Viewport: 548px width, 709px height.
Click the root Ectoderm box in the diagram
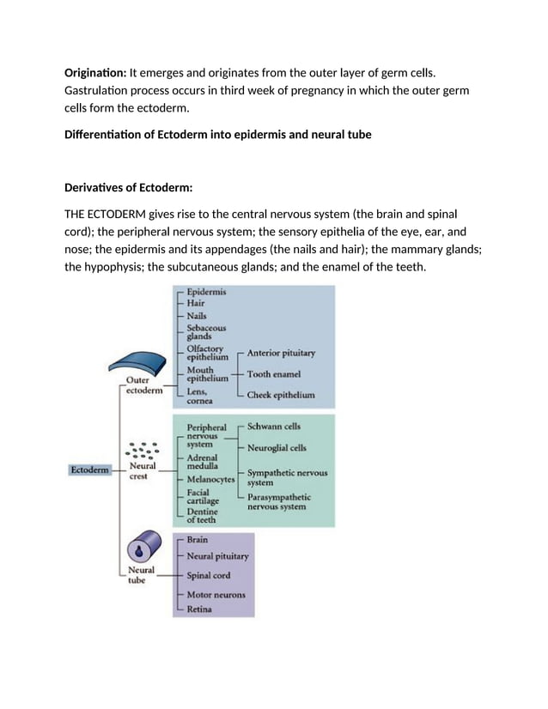tap(89, 470)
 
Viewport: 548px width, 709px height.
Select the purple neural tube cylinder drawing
tap(143, 549)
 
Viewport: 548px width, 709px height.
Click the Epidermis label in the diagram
tap(207, 292)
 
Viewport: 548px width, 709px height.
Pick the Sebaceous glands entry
tap(207, 332)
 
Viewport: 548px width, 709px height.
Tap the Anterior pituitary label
tap(281, 353)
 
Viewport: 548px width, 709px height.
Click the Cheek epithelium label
tap(280, 396)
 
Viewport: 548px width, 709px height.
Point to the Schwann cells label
tap(274, 426)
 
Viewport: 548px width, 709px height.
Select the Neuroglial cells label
tap(277, 448)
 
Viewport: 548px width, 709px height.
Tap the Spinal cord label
tap(209, 575)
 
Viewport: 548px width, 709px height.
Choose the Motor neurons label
tap(216, 595)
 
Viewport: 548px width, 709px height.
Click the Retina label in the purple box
tap(199, 609)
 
